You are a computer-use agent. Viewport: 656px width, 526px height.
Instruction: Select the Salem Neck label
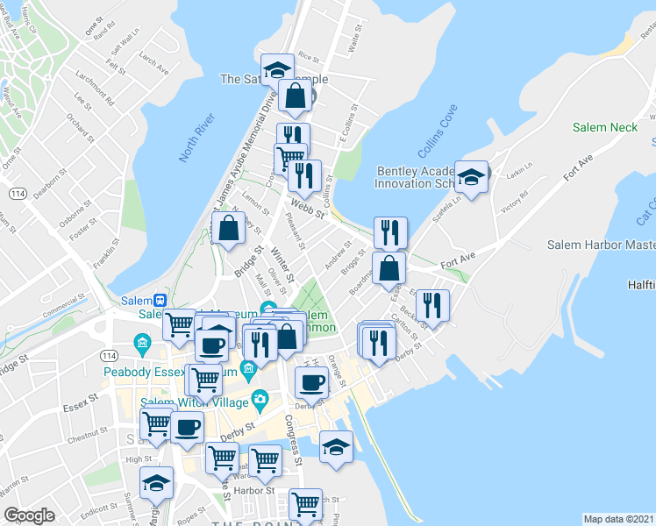pyautogui.click(x=604, y=127)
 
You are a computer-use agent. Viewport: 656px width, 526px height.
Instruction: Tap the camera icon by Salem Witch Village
pyautogui.click(x=260, y=401)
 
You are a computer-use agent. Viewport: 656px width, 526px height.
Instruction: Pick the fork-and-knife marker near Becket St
pyautogui.click(x=431, y=305)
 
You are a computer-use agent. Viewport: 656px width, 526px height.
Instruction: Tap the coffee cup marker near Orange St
pyautogui.click(x=311, y=381)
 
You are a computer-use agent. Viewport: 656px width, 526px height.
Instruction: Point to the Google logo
pyautogui.click(x=31, y=515)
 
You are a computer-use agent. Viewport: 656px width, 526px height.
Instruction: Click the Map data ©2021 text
pyautogui.click(x=618, y=518)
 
